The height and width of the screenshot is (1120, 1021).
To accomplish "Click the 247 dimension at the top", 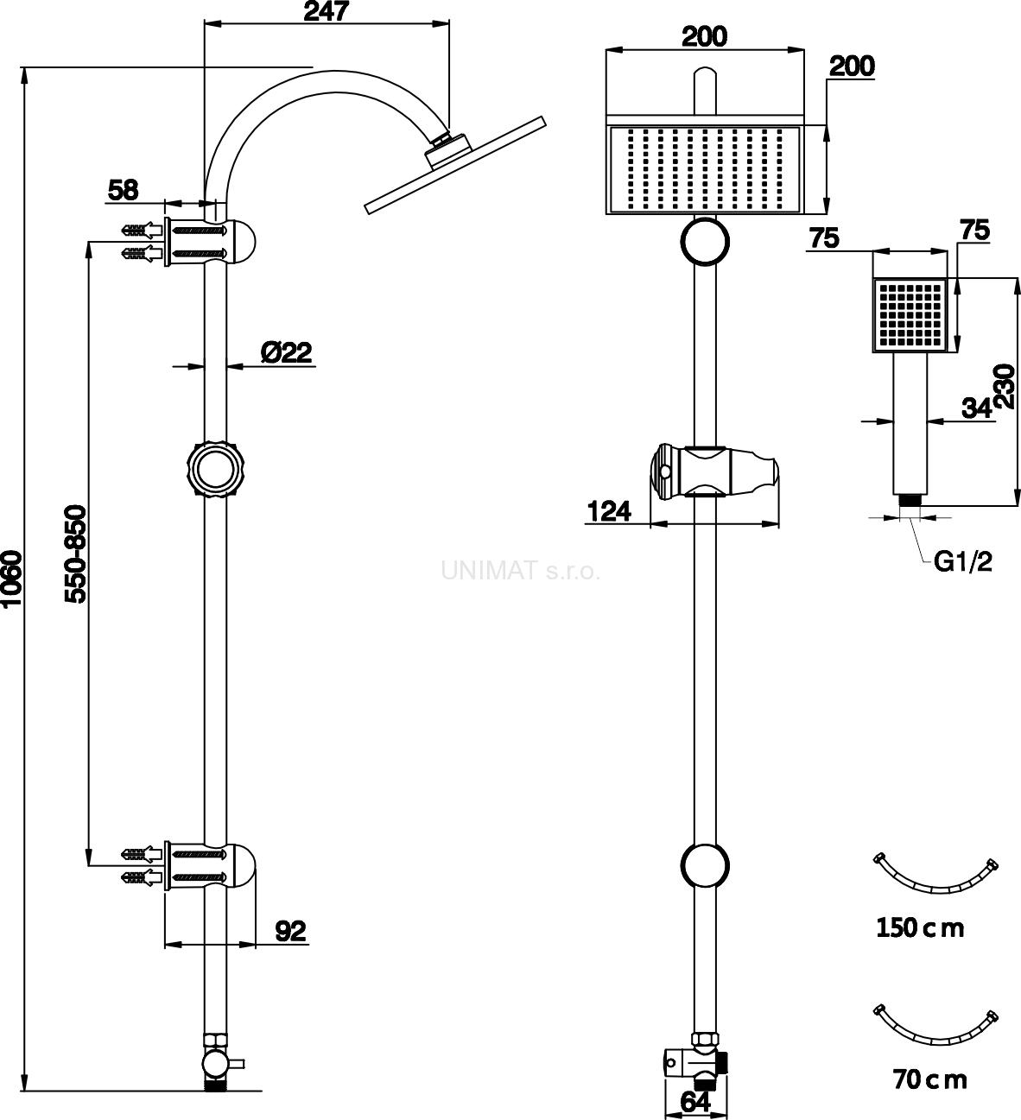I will click(x=326, y=12).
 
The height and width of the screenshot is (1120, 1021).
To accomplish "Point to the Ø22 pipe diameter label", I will click(x=286, y=352).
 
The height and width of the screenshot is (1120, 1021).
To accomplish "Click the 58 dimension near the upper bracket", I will click(x=123, y=190).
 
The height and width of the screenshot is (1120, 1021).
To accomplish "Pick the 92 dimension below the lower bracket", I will click(x=290, y=931).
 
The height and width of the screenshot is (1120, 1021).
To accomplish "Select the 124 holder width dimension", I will click(x=609, y=511).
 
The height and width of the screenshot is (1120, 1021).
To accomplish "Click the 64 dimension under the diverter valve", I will click(x=694, y=1103).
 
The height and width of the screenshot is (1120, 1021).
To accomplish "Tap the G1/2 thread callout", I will click(x=962, y=562).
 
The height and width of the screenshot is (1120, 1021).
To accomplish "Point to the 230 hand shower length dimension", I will click(x=1003, y=387).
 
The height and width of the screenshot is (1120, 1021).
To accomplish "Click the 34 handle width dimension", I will click(x=976, y=408).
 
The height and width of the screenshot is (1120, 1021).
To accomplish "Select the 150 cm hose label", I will click(x=919, y=928).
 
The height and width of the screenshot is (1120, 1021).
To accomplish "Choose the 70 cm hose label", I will click(x=929, y=1079).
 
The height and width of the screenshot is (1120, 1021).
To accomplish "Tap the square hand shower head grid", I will click(x=911, y=315).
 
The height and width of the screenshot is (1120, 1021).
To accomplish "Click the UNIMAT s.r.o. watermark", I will click(x=520, y=571).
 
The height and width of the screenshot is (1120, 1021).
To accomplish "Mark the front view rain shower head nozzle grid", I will click(x=705, y=170).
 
